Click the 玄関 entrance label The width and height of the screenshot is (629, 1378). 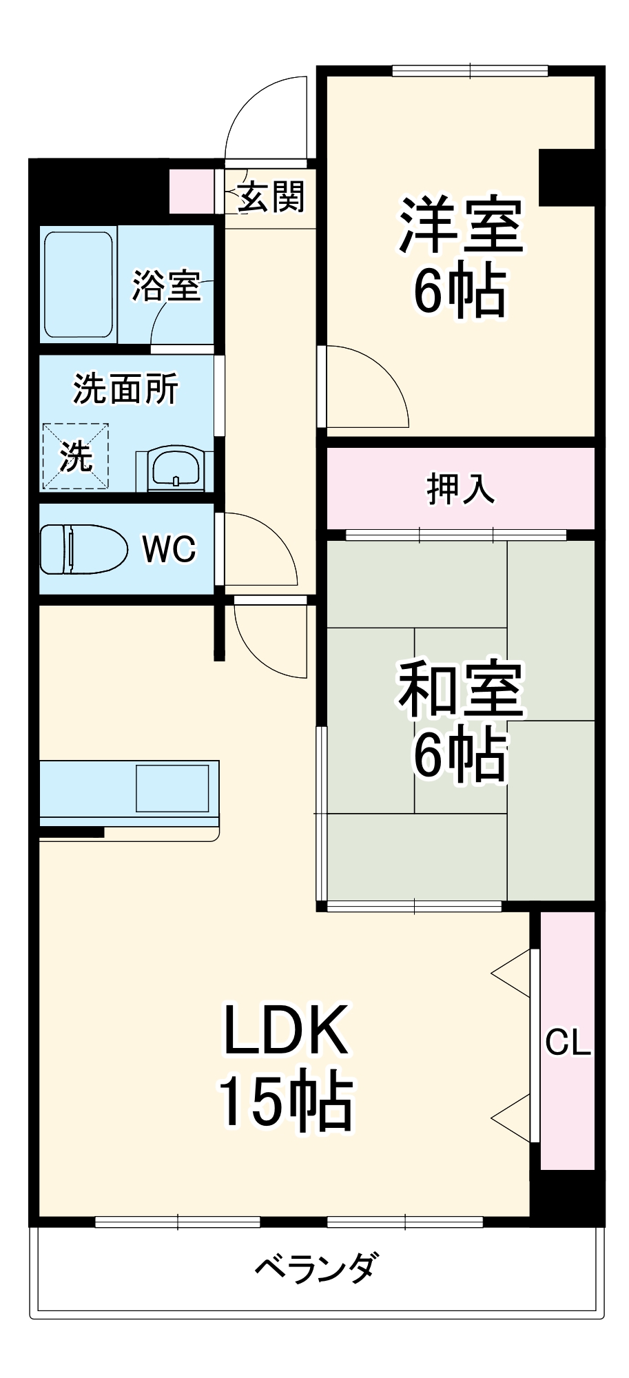click(271, 198)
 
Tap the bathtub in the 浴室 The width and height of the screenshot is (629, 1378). click(79, 284)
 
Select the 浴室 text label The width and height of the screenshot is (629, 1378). click(166, 285)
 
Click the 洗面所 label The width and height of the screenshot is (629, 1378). click(125, 389)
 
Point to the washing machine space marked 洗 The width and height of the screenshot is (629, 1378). click(76, 456)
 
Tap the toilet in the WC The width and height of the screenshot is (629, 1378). click(83, 549)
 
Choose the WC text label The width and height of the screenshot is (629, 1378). click(169, 549)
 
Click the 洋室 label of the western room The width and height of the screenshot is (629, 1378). click(461, 225)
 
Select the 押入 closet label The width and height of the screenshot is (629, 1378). click(460, 489)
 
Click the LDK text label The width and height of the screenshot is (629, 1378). click(285, 1031)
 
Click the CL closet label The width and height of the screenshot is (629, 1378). click(568, 1043)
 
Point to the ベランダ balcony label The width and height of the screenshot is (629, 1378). click(316, 1266)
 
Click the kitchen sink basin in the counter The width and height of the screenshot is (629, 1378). click(172, 788)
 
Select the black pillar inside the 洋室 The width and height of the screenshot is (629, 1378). click(566, 177)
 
